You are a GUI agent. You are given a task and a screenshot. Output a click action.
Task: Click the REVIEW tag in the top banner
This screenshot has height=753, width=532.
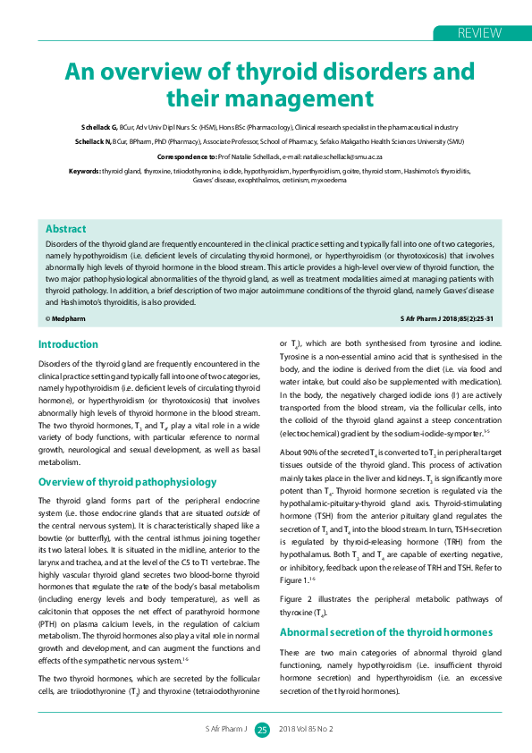478,33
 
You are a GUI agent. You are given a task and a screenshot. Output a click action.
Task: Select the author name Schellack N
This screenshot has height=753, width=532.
100,141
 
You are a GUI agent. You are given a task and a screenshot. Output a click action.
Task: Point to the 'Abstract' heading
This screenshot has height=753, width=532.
65,229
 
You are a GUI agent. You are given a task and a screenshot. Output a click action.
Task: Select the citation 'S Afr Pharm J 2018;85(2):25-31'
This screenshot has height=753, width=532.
447,318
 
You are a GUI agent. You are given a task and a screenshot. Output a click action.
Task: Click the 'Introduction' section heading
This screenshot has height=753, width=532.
68,344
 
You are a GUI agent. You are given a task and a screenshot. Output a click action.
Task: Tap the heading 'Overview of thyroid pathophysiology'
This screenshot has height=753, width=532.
127,482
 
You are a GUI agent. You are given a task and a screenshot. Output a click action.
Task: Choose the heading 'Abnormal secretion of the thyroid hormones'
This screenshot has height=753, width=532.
386,632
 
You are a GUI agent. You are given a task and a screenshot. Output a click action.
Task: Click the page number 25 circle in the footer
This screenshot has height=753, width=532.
262,730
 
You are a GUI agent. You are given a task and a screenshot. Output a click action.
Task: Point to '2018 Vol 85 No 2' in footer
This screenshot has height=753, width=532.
306,730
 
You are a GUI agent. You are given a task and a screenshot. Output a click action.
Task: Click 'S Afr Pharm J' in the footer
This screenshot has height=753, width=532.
226,730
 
